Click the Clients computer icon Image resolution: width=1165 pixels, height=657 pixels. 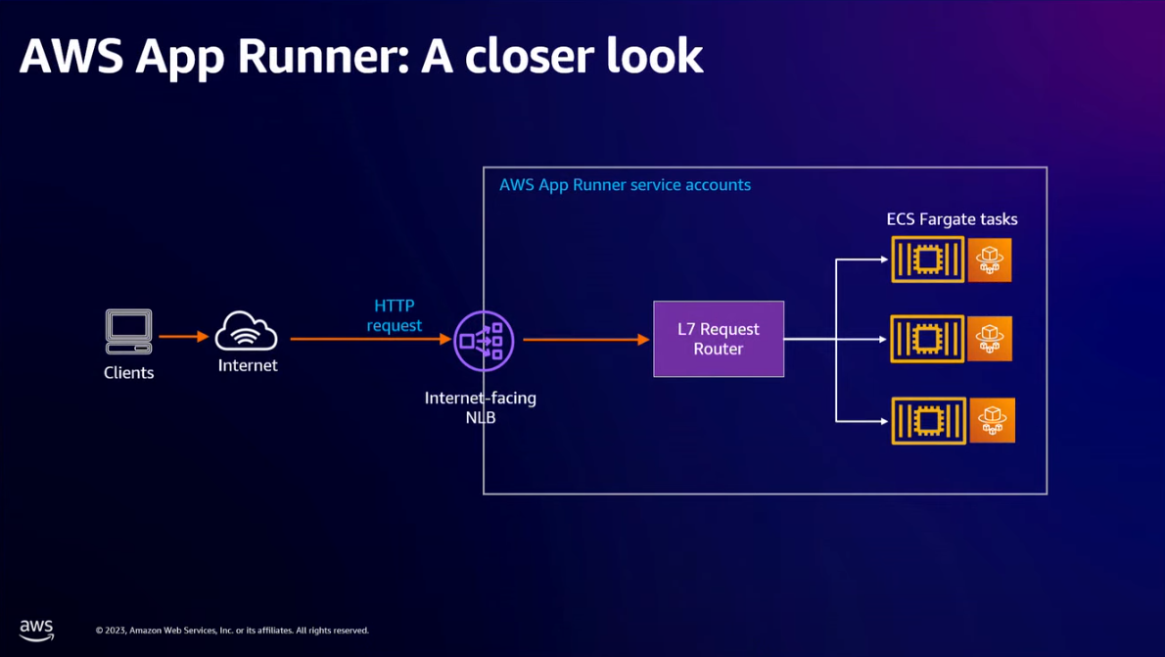pos(128,332)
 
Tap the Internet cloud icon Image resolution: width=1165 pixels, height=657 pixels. pos(247,331)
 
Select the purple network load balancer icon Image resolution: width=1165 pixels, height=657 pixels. pos(484,341)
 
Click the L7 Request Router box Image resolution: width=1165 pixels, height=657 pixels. pos(719,339)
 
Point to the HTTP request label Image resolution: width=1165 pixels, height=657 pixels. pos(395,315)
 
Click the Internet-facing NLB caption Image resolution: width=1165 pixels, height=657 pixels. pos(481,407)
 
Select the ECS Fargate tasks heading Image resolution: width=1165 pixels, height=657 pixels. pos(952,219)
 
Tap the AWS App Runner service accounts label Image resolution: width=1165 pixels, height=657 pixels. pos(625,185)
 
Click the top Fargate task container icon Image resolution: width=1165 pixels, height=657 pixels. pos(927,259)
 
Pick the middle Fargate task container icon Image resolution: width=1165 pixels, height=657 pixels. pos(927,339)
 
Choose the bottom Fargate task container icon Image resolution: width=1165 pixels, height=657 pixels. pos(927,421)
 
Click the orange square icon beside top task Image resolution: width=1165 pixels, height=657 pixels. pos(990,259)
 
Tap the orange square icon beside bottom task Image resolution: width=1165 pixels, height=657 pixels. pos(993,421)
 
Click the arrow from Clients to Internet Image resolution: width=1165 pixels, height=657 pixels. pos(183,337)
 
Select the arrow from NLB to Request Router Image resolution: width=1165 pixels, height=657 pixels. pos(586,340)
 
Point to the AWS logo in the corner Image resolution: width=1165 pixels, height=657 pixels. pos(36,630)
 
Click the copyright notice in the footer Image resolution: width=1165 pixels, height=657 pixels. pos(232,631)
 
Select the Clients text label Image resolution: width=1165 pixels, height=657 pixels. pos(128,373)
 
